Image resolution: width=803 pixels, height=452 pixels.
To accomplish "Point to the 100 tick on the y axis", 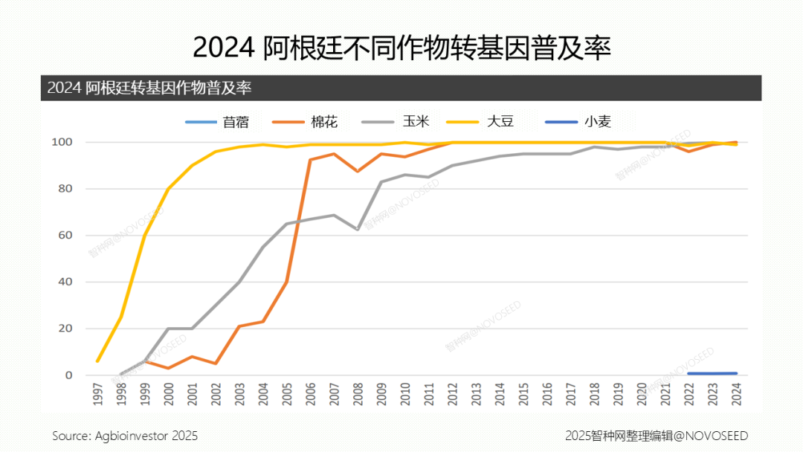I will [62, 142].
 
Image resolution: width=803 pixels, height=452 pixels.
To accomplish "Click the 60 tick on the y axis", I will [65, 236].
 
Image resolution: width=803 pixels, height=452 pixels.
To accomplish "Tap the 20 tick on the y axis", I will [65, 329].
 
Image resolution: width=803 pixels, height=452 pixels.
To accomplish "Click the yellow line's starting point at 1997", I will [97, 361].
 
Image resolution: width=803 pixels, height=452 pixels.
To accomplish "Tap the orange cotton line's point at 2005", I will [287, 282].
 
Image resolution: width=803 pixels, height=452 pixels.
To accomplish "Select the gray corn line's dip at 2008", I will [358, 230].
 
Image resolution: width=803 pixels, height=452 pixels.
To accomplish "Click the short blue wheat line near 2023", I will [712, 373].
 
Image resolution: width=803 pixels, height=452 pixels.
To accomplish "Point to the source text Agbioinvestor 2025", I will [125, 436].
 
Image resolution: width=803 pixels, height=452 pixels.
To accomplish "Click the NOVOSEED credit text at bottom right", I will [656, 436].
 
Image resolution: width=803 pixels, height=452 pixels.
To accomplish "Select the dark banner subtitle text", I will [149, 88].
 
